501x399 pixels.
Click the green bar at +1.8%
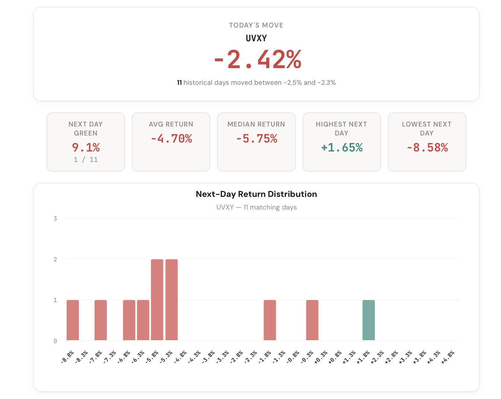[368, 320]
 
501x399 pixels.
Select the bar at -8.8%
[73, 320]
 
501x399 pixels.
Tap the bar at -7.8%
[100, 320]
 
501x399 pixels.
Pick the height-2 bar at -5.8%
[157, 300]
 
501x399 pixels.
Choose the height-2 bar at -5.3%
[172, 300]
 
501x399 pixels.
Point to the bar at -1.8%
[270, 320]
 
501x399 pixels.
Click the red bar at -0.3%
[312, 320]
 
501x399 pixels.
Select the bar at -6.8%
[129, 320]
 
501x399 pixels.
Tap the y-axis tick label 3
[55, 218]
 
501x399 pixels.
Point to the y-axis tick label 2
[55, 259]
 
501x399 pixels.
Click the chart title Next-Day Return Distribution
[256, 194]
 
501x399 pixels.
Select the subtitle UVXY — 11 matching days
[256, 207]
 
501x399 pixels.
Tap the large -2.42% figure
[258, 60]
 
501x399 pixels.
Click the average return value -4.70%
[171, 139]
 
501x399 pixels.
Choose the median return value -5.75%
[256, 139]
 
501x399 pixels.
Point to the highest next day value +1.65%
[342, 148]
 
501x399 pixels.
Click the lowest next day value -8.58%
[427, 148]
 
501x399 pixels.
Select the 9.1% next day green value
[86, 148]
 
